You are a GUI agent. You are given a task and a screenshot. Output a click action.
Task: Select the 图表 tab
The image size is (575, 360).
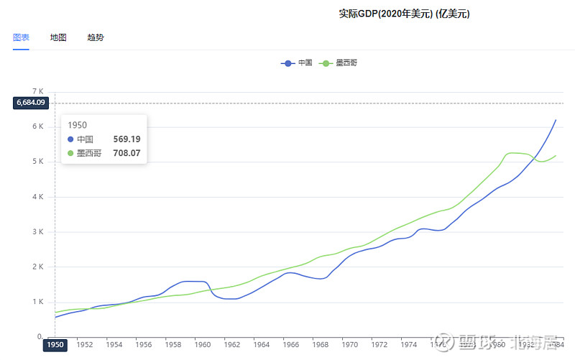tap(21, 37)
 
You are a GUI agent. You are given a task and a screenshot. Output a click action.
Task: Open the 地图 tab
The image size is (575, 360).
tap(58, 37)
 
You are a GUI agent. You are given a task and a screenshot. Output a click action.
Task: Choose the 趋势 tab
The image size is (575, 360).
tap(96, 37)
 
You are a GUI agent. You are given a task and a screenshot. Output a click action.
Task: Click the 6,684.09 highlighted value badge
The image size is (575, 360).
tap(31, 103)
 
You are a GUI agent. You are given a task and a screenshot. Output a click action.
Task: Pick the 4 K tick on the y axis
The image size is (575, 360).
tap(39, 197)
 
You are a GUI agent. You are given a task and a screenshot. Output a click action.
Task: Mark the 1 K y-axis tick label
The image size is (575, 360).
tap(39, 303)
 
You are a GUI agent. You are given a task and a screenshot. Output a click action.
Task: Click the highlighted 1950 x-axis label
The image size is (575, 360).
tap(55, 345)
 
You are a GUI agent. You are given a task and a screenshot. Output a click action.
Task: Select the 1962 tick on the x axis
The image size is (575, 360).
tap(231, 345)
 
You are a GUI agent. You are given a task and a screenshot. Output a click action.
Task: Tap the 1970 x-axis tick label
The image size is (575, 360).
tap(350, 345)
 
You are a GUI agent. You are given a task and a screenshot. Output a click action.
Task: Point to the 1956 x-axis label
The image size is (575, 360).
tap(144, 345)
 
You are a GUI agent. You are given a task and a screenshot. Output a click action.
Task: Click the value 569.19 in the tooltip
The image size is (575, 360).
tap(126, 139)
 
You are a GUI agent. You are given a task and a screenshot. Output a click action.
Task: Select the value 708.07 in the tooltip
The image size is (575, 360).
tap(126, 153)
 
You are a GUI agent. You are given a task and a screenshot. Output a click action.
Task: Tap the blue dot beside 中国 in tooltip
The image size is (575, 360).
tap(70, 139)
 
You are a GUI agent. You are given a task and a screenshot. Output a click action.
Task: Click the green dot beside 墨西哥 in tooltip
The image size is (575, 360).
tap(70, 153)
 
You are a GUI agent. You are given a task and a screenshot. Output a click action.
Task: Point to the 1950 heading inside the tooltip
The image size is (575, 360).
tap(77, 125)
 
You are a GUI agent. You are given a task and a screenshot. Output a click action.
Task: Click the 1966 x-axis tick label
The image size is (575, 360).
tap(291, 345)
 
